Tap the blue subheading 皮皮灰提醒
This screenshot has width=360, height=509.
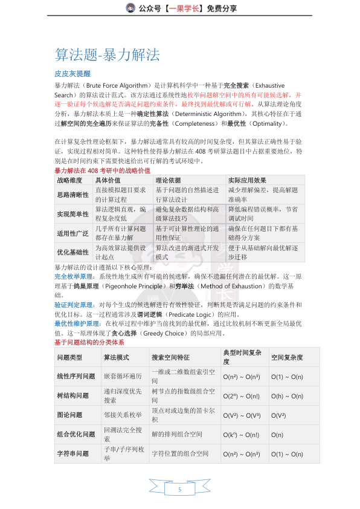pyautogui.click(x=72, y=73)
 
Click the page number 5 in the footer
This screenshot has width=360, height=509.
pyautogui.click(x=179, y=488)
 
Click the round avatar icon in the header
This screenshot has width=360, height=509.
pyautogui.click(x=130, y=8)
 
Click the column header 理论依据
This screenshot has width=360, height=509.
pyautogui.click(x=169, y=180)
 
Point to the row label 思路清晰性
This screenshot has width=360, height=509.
pyautogui.click(x=72, y=194)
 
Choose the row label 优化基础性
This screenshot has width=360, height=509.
pyautogui.click(x=72, y=252)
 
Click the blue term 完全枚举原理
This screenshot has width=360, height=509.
pyautogui.click(x=74, y=276)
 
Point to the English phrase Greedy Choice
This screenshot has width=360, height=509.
pyautogui.click(x=163, y=333)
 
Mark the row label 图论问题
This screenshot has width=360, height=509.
pyautogui.click(x=72, y=415)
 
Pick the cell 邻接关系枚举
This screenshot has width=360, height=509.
pyautogui.click(x=123, y=415)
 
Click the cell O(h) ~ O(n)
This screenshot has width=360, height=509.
pyautogui.click(x=288, y=396)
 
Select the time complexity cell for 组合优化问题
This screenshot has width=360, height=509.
pyautogui.click(x=241, y=434)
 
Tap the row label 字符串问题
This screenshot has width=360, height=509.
pyautogui.click(x=72, y=453)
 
